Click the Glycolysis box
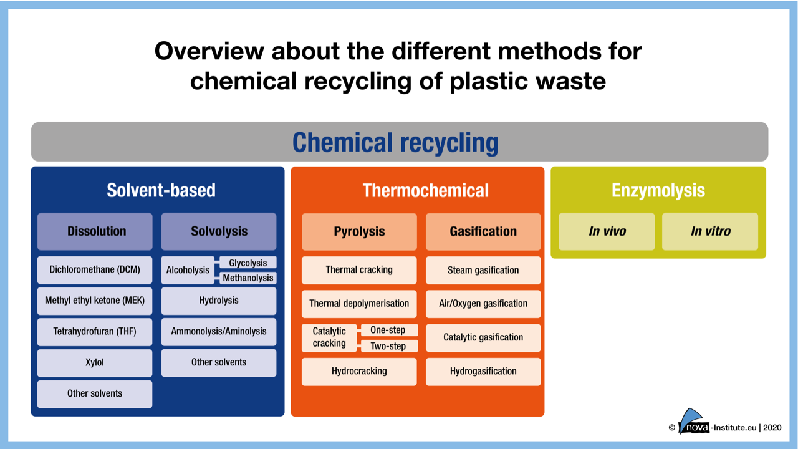(x=248, y=263)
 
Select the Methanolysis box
(x=248, y=278)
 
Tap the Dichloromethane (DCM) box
(x=95, y=270)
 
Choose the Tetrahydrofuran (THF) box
(x=95, y=332)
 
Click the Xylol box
(x=95, y=362)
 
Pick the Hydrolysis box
(x=219, y=301)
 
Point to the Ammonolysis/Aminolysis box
(x=219, y=332)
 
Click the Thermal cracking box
(x=359, y=270)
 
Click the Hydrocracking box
(x=359, y=371)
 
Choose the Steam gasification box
(x=483, y=270)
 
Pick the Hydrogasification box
(x=483, y=371)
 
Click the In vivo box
(x=607, y=231)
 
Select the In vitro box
(x=709, y=231)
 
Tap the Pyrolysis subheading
(x=359, y=231)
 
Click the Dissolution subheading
(x=95, y=231)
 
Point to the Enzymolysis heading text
(x=658, y=190)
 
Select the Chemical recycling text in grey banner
(x=395, y=142)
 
